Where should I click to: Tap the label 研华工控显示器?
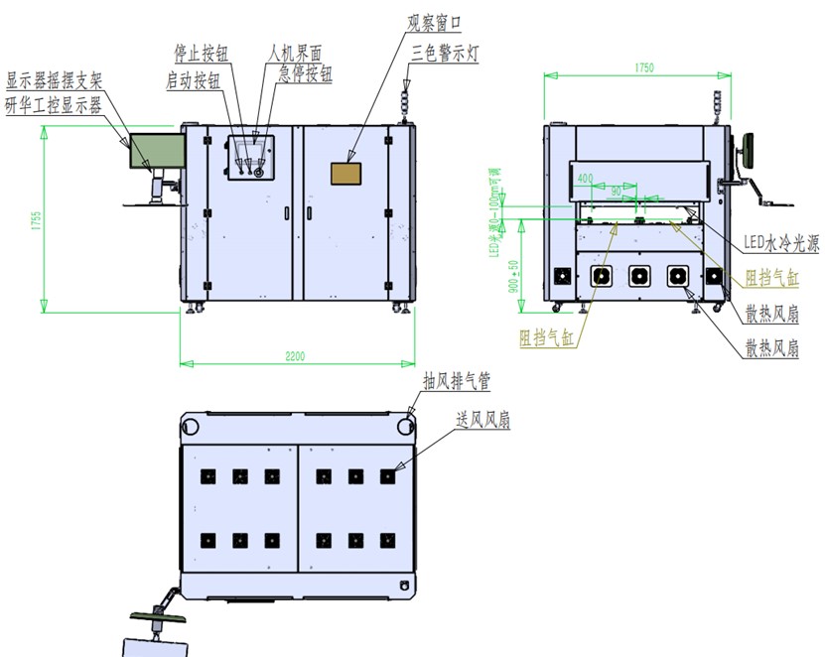pyautogui.click(x=53, y=106)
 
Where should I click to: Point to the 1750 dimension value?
pyautogui.click(x=642, y=67)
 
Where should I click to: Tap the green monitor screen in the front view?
pyautogui.click(x=151, y=150)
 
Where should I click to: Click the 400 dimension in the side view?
pyautogui.click(x=585, y=179)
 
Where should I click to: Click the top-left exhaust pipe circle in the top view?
pyautogui.click(x=191, y=426)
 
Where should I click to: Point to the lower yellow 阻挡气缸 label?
pyautogui.click(x=546, y=337)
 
